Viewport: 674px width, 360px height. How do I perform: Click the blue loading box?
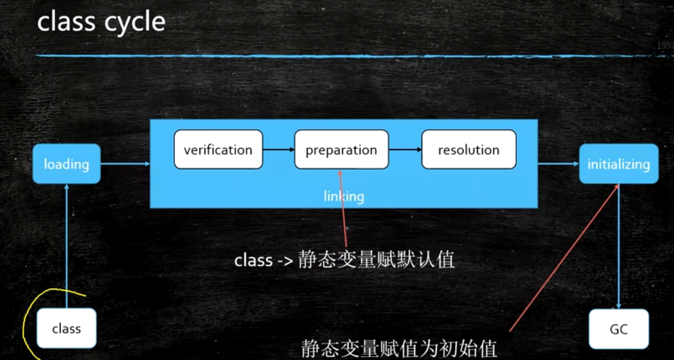tap(66, 164)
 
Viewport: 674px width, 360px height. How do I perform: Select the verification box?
tap(218, 150)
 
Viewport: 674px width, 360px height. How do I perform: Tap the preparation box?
tap(341, 150)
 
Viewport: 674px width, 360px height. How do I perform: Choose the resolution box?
tap(469, 150)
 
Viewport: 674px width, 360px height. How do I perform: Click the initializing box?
tap(619, 164)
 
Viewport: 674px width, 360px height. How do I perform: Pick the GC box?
tap(619, 329)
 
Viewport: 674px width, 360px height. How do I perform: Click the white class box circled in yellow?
tap(66, 329)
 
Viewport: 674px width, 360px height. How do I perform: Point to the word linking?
tap(344, 197)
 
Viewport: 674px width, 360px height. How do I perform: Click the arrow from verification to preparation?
tap(278, 150)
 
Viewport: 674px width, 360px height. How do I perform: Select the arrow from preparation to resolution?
tap(405, 150)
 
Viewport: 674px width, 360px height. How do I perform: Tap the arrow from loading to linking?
tap(125, 164)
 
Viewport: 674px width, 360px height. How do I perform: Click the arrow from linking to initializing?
tap(558, 164)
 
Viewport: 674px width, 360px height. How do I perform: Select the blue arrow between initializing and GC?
tap(619, 246)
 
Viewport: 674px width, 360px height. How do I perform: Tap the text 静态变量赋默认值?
tap(376, 261)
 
